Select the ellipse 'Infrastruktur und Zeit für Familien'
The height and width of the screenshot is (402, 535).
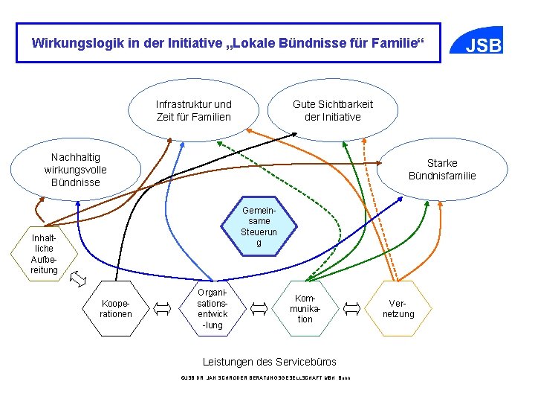point(193,111)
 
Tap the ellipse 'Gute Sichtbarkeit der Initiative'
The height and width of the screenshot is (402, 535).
point(332,111)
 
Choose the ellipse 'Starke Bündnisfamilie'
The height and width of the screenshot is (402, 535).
point(441,169)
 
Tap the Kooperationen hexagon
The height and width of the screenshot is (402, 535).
point(116,307)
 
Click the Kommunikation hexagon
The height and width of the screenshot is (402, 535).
point(305,307)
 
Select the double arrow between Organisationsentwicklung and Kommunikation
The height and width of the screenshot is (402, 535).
point(259,307)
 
